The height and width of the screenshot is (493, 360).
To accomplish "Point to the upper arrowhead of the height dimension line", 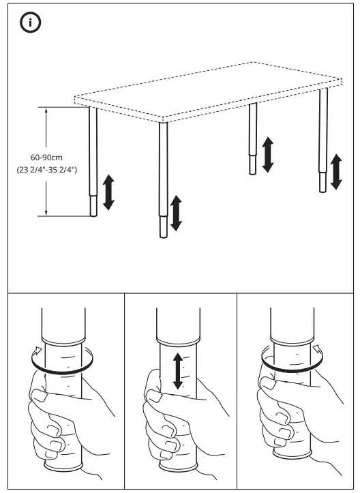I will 46,108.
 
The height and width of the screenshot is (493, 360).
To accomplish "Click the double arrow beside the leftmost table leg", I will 108,192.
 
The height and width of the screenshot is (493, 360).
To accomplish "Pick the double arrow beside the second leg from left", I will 177,212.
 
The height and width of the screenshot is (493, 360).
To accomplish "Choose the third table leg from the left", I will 253,140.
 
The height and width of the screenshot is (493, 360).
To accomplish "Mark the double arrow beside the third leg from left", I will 268,154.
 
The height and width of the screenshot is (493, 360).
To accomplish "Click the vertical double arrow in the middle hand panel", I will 178,371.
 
